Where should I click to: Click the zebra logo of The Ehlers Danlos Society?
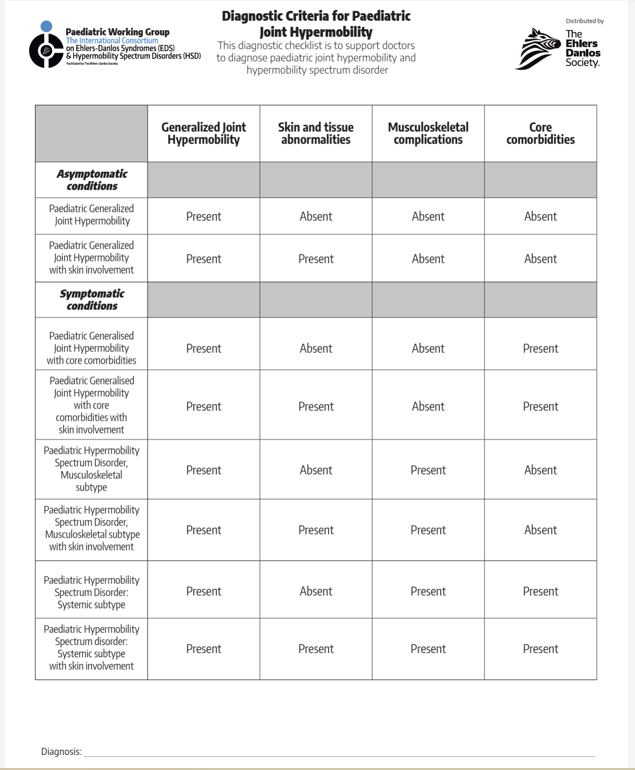538,49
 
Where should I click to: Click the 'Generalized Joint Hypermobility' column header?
203,134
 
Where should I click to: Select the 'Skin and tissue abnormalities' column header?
316,134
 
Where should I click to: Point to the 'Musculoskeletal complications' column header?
428,134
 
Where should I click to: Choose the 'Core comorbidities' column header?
540,134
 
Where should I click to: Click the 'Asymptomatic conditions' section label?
92,180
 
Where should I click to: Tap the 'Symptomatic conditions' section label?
92,300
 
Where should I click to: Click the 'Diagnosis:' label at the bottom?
61,752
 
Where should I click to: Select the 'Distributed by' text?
585,21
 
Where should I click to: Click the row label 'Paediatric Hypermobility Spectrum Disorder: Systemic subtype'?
92,592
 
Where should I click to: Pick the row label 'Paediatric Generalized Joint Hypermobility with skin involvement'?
92,258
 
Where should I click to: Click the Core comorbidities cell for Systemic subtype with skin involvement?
540,649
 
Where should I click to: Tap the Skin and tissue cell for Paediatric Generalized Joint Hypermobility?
316,217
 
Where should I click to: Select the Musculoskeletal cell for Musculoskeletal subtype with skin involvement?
428,530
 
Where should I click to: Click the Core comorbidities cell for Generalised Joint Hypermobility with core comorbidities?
540,349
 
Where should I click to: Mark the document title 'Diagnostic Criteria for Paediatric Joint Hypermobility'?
316,24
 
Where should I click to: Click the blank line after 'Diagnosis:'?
340,753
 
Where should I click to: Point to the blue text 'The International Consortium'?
112,41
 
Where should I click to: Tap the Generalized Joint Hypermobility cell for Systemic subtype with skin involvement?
203,649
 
